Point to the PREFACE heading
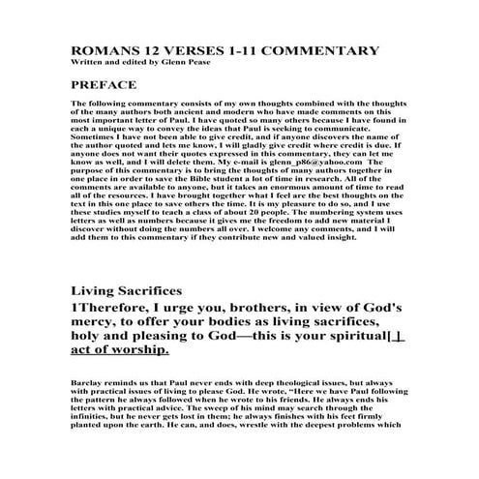coord(104,85)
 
